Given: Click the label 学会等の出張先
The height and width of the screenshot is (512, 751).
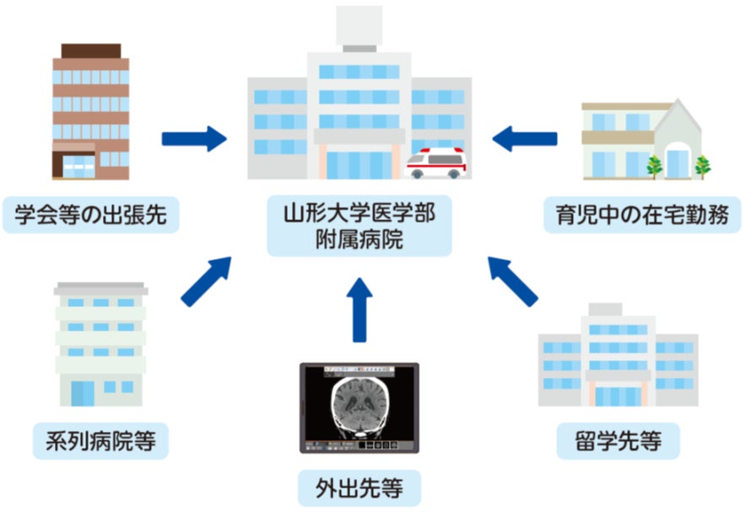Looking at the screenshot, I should (x=90, y=215).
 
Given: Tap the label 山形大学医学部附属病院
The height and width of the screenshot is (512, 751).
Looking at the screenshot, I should (x=359, y=225).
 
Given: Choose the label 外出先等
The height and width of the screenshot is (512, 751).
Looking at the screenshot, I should (x=359, y=488).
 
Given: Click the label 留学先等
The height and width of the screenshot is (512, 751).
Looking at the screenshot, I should (x=619, y=440).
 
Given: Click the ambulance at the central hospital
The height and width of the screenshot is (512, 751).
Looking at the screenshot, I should (x=436, y=163).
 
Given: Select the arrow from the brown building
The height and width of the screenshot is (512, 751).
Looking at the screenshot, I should (x=195, y=137).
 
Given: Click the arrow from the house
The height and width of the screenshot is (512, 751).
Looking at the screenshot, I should (x=524, y=137).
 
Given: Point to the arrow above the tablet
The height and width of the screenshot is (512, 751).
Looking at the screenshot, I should (x=359, y=310).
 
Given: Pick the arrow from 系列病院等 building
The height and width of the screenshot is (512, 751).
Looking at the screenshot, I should (x=208, y=281).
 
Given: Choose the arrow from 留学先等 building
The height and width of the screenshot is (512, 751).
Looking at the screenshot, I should (x=512, y=281).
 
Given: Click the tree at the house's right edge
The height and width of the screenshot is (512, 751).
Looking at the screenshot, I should (x=702, y=165).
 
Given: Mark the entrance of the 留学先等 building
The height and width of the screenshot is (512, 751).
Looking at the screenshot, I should (x=618, y=394).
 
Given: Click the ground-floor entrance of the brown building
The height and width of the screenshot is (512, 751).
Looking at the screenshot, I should (x=78, y=166).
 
